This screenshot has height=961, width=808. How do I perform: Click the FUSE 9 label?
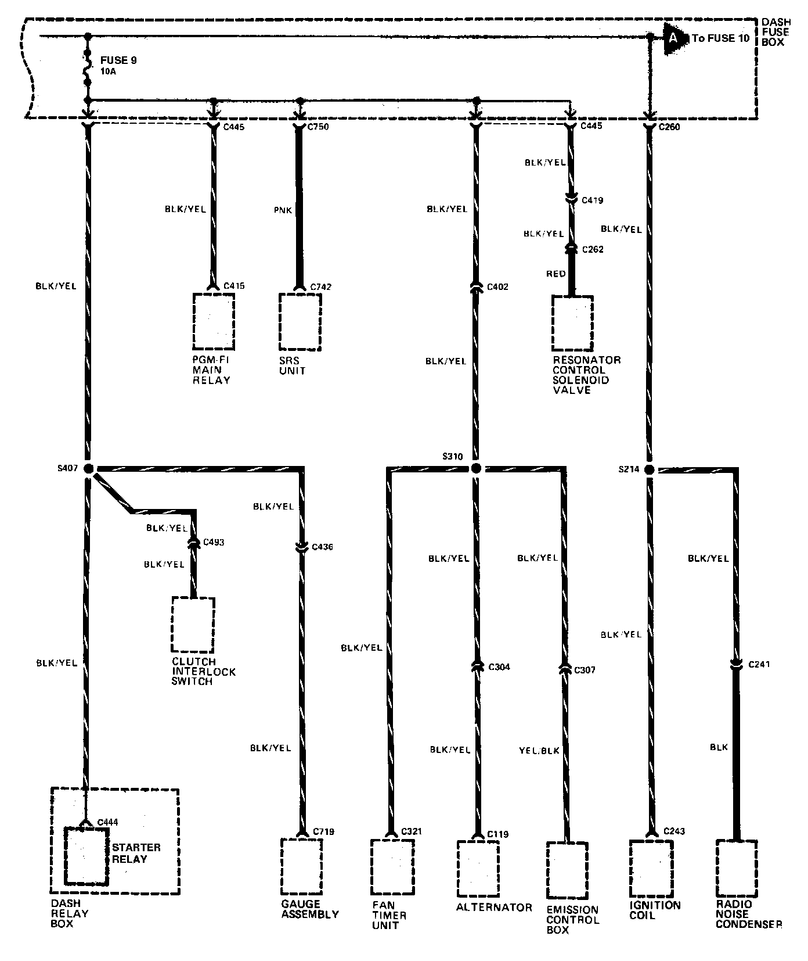tap(118, 60)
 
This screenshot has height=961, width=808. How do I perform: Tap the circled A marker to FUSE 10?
tap(673, 38)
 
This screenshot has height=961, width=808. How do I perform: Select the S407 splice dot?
tap(88, 469)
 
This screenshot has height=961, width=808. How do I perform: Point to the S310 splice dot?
tap(476, 468)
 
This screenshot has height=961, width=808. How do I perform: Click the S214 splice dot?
tap(649, 469)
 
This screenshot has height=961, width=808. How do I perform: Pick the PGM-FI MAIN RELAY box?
tap(214, 321)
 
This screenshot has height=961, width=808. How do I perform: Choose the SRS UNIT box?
tap(300, 321)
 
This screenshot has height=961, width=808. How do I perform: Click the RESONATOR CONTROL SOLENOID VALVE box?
tap(572, 324)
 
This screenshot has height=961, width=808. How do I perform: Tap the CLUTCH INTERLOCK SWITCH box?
tap(193, 625)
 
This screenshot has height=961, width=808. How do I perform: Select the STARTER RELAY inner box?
tap(86, 856)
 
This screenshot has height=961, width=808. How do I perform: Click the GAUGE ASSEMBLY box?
tap(301, 866)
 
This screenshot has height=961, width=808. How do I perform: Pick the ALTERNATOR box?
tap(478, 869)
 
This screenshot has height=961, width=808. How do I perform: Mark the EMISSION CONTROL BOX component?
tap(567, 870)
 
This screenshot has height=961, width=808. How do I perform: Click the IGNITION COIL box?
tap(651, 868)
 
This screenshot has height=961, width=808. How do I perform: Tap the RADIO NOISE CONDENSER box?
tap(736, 868)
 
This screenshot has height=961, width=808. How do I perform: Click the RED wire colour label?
tap(555, 274)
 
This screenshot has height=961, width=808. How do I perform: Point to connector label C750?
tap(319, 127)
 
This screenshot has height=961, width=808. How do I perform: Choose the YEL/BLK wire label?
tap(539, 751)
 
